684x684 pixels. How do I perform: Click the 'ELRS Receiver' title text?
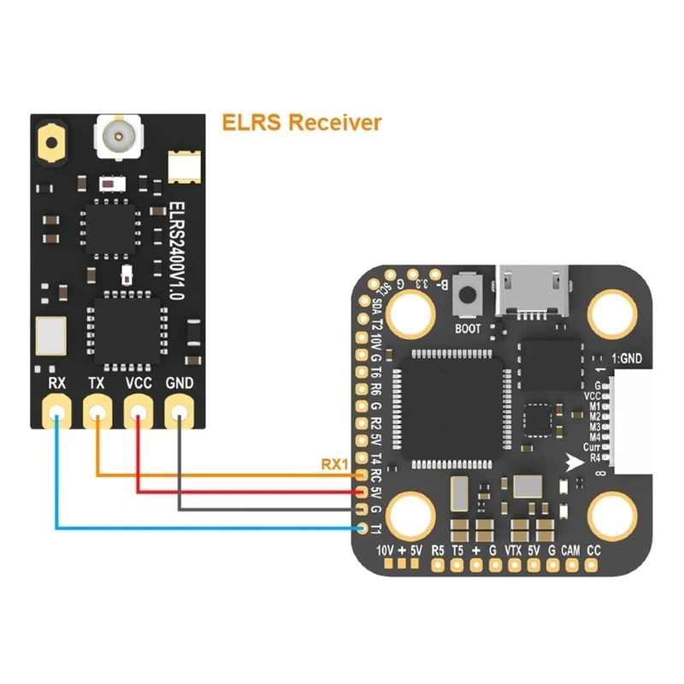pos(301,122)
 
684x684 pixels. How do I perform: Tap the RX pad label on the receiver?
pos(57,383)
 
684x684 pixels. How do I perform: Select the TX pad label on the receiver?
pos(97,383)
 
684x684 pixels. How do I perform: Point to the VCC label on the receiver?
pos(139,383)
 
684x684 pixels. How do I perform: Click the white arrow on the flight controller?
pos(575,462)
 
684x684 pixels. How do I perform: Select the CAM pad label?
pos(570,551)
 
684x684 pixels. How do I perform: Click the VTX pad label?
pos(513,551)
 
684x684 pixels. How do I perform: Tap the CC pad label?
pos(594,551)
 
